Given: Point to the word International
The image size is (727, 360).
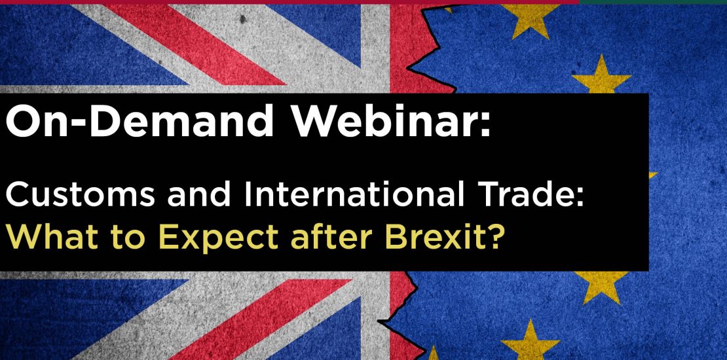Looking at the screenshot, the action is [353, 195].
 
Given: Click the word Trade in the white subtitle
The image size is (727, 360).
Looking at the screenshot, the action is [522, 195].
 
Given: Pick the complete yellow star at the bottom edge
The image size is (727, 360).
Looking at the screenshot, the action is [530, 342].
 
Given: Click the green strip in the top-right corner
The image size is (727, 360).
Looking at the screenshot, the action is [653, 2].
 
